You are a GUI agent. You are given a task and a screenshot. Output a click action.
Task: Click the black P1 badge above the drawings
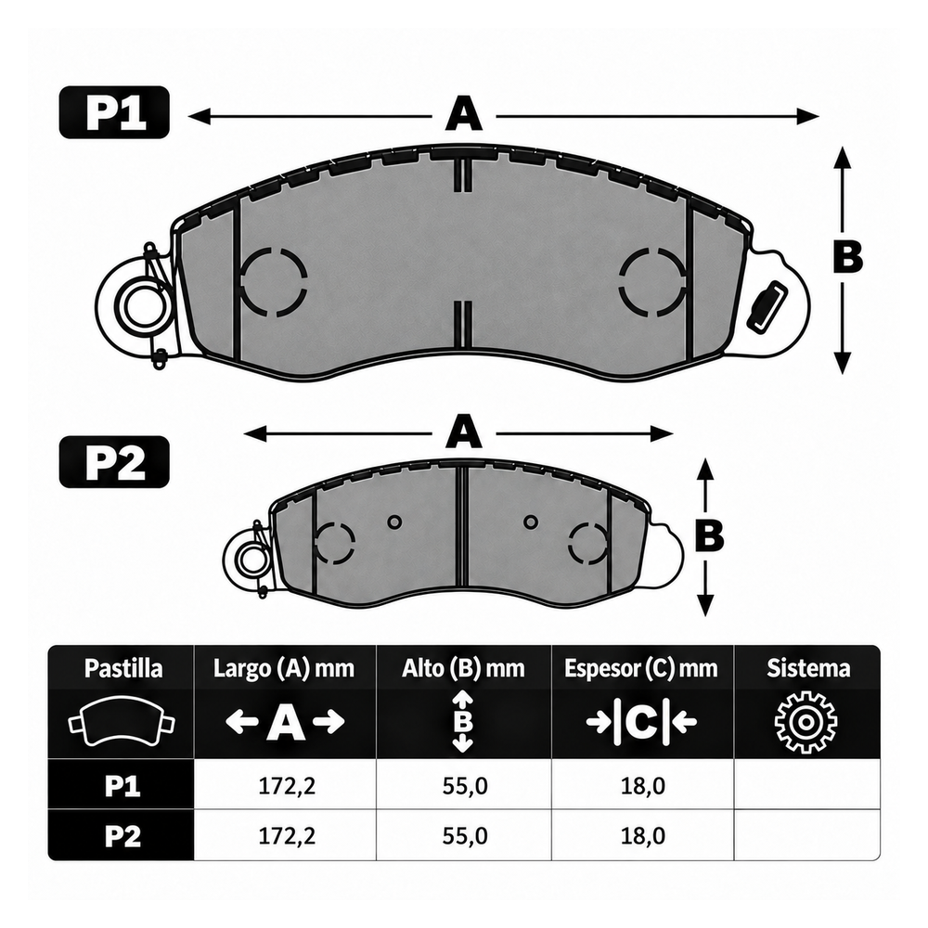[114, 112]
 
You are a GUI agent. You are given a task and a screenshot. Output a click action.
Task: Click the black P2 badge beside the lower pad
[114, 462]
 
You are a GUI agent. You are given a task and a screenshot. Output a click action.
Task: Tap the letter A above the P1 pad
[463, 115]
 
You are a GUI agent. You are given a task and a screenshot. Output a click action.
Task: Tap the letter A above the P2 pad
[463, 432]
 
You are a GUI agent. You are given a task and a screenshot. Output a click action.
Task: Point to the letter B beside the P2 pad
[710, 535]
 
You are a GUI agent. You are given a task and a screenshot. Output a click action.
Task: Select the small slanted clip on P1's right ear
[767, 306]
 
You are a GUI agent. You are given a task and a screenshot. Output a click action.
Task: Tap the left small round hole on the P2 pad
[394, 522]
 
